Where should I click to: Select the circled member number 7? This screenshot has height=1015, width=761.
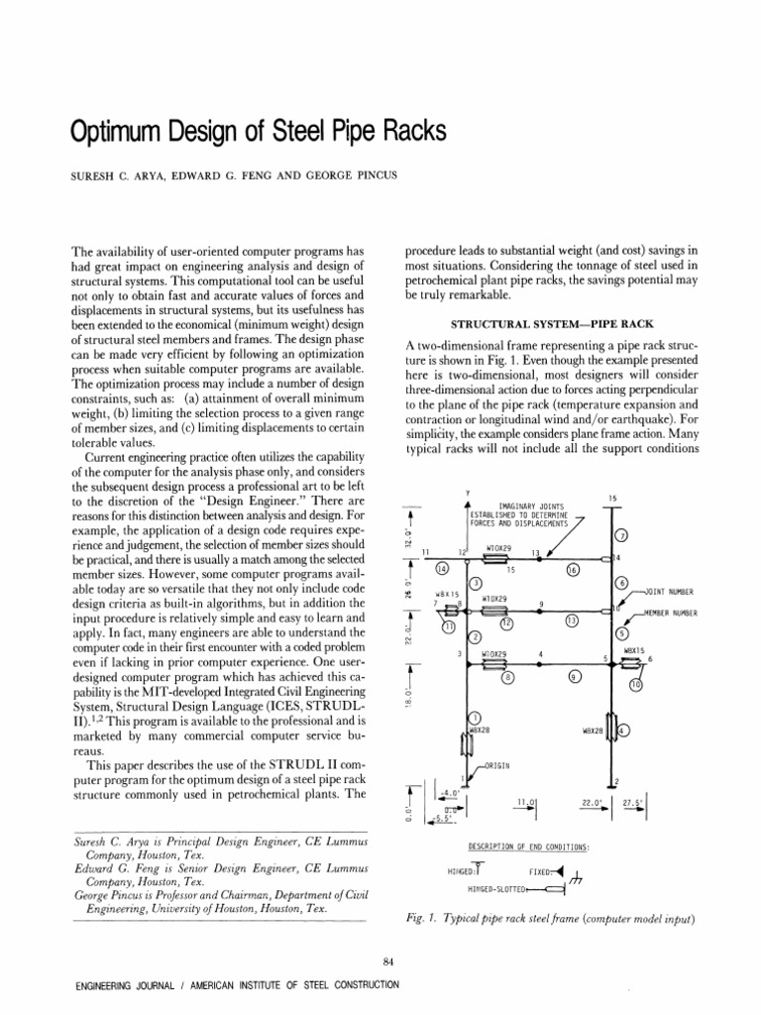point(621,537)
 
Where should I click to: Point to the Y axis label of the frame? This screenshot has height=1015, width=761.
point(467,493)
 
